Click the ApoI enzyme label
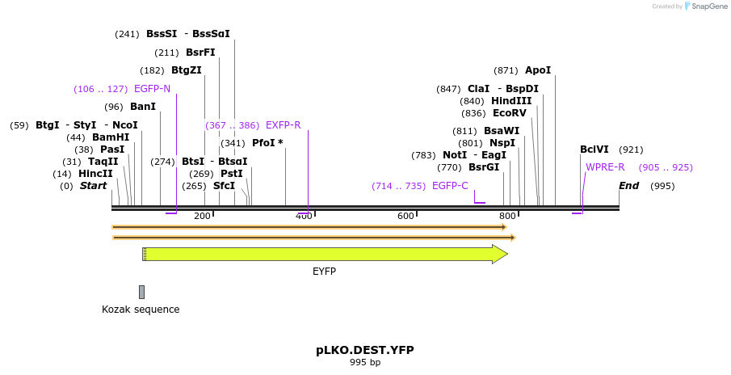click(x=538, y=70)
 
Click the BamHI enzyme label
click(x=111, y=137)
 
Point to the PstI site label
click(x=232, y=174)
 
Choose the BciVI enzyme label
click(x=594, y=150)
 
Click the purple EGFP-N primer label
click(x=152, y=89)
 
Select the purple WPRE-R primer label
click(x=605, y=167)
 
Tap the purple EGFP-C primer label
click(x=450, y=186)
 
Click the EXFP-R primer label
click(x=283, y=125)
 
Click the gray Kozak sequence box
click(x=142, y=292)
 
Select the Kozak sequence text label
click(x=141, y=310)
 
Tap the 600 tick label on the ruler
click(x=405, y=216)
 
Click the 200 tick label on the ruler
click(x=202, y=216)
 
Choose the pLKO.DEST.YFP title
click(x=364, y=350)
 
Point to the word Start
click(x=93, y=186)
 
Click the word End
click(x=628, y=186)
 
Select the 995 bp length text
click(x=365, y=362)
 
